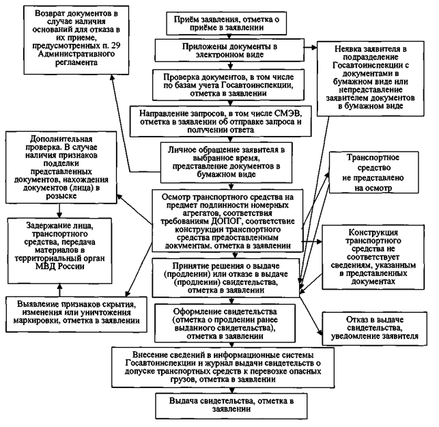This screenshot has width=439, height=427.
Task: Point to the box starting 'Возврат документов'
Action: pos(68,38)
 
